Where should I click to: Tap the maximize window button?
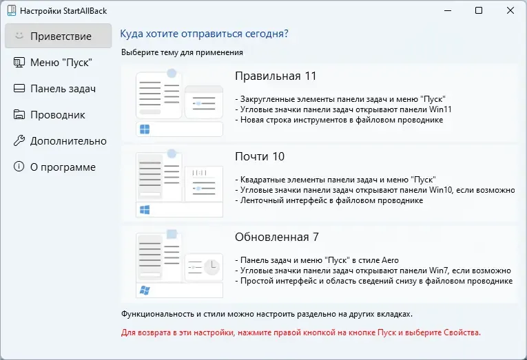(x=479, y=10)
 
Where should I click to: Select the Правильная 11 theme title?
(x=276, y=76)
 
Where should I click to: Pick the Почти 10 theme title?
(x=260, y=156)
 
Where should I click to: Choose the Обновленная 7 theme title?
(x=277, y=237)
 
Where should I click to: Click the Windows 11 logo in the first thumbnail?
(x=145, y=129)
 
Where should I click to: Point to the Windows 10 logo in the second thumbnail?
(x=145, y=210)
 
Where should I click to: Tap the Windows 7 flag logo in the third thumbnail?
(x=145, y=290)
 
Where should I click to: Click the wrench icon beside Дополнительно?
(x=19, y=140)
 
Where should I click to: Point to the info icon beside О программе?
(x=19, y=167)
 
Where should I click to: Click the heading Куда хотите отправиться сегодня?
(x=204, y=34)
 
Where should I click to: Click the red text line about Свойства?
(x=300, y=332)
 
